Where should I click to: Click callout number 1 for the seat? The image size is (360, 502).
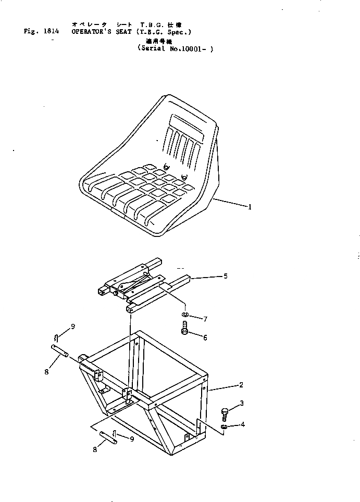(250, 207)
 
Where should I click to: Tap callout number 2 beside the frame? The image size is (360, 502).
(241, 385)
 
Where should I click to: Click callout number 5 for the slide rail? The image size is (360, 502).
(225, 276)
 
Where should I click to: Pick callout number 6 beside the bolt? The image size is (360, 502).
(205, 337)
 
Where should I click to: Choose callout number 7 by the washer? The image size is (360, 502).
(205, 318)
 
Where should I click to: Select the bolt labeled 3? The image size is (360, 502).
(225, 413)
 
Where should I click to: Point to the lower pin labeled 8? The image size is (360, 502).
(108, 436)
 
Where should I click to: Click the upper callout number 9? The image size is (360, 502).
(73, 327)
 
